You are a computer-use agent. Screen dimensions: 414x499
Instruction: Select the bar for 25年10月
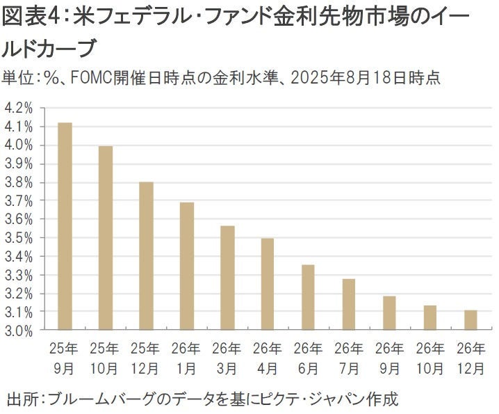pyautogui.click(x=105, y=238)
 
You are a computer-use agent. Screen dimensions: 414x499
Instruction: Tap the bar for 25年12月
pyautogui.click(x=146, y=256)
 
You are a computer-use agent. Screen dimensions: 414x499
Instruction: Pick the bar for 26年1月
pyautogui.click(x=186, y=266)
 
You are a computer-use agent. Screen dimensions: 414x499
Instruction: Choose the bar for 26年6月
pyautogui.click(x=309, y=298)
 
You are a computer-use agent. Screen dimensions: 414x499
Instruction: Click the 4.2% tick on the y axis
pyautogui.click(x=19, y=108)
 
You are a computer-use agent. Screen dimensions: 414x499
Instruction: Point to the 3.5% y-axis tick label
pyautogui.click(x=19, y=238)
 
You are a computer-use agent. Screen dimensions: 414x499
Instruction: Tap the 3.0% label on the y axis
pyautogui.click(x=19, y=331)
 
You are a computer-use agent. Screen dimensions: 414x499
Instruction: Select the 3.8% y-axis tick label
pyautogui.click(x=19, y=182)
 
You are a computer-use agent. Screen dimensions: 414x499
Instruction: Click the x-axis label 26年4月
pyautogui.click(x=268, y=356)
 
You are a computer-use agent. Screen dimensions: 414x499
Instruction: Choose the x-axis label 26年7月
pyautogui.click(x=349, y=356)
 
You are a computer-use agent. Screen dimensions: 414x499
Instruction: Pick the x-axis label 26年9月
pyautogui.click(x=389, y=356)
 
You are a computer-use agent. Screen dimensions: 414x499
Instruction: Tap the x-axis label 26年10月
pyautogui.click(x=430, y=356)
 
